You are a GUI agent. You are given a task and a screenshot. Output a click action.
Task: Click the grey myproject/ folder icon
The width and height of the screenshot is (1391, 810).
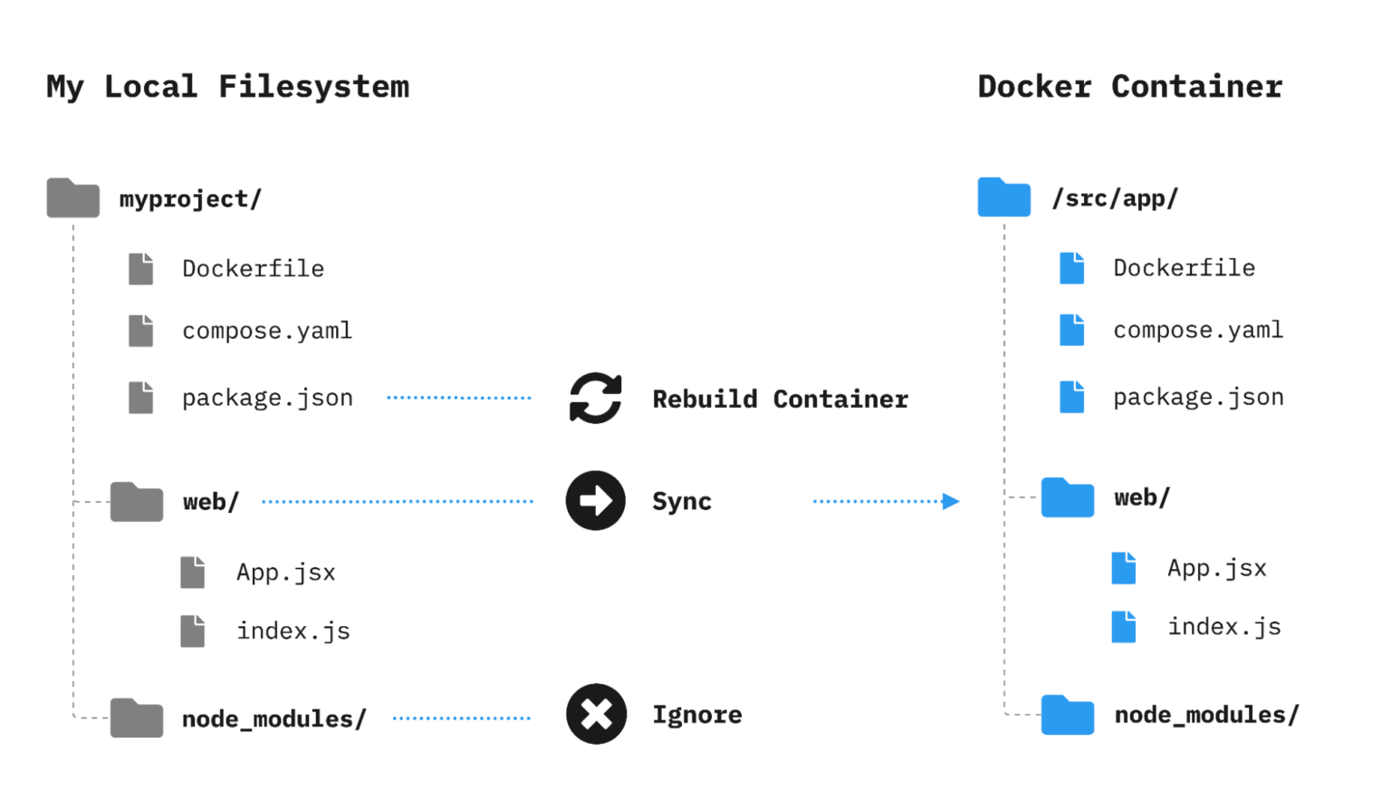point(73,198)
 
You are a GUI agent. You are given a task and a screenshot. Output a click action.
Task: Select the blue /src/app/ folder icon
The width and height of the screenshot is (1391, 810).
point(1003,197)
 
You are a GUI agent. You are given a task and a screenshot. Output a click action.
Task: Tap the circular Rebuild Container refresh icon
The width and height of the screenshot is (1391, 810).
point(596,398)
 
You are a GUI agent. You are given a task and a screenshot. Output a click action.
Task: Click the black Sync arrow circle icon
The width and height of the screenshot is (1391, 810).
point(596,500)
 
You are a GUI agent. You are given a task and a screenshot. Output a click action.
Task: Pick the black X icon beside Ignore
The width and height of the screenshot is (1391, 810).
point(596,714)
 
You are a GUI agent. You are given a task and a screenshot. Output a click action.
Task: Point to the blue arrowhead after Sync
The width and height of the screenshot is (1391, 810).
point(950,501)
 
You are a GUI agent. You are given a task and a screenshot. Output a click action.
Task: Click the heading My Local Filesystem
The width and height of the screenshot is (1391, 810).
point(227,87)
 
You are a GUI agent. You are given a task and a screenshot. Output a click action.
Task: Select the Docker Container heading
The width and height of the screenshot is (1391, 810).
point(1129,87)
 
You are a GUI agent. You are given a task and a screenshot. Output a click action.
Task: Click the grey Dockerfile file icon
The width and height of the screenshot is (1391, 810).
point(140,269)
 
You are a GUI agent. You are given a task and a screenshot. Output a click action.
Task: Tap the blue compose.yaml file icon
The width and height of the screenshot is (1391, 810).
point(1072,330)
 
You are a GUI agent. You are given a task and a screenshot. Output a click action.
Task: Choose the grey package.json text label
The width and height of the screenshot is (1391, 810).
point(267,398)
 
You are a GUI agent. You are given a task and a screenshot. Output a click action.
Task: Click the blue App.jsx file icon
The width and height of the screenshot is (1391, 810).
point(1124,568)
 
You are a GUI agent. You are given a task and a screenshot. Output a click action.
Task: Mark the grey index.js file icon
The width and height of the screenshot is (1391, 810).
point(192,631)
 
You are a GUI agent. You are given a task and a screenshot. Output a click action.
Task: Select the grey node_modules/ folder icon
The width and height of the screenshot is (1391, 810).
point(137,718)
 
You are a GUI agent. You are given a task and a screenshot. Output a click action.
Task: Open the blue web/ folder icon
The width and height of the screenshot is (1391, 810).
point(1068,497)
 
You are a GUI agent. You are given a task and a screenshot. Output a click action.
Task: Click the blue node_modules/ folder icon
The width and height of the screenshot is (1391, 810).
point(1068,714)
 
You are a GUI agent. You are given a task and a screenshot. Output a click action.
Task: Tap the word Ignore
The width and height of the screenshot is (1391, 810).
point(697,715)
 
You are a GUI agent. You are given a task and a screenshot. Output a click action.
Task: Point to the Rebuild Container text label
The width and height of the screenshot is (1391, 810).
point(780,399)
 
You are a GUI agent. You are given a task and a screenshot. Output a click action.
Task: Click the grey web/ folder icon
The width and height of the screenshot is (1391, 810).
point(137,502)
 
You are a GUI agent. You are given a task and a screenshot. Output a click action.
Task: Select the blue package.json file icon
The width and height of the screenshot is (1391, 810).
point(1072,397)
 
